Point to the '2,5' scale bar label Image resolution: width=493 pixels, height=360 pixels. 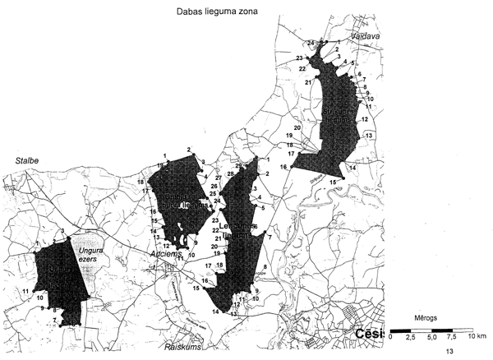(412, 337)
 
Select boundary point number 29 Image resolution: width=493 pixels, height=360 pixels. (238, 166)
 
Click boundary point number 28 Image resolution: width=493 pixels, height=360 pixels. (231, 173)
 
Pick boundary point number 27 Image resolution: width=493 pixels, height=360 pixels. (219, 178)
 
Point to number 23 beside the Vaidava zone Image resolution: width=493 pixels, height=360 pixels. (300, 58)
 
